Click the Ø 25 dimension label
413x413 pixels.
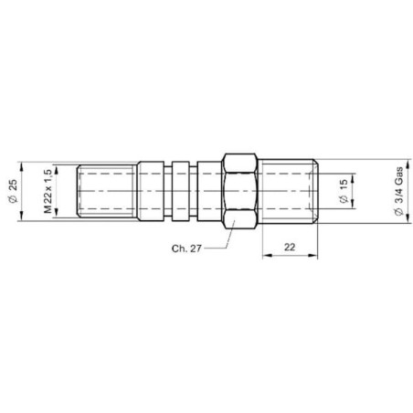tap(14, 191)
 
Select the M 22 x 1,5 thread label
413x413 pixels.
tap(48, 191)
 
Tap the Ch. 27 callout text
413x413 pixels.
tap(186, 249)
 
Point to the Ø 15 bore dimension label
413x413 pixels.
tap(343, 191)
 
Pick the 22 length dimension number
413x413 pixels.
tap(290, 247)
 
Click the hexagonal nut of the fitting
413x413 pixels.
tap(239, 191)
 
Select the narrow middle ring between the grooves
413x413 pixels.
tap(180, 191)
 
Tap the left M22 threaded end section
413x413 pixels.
tap(107, 191)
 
